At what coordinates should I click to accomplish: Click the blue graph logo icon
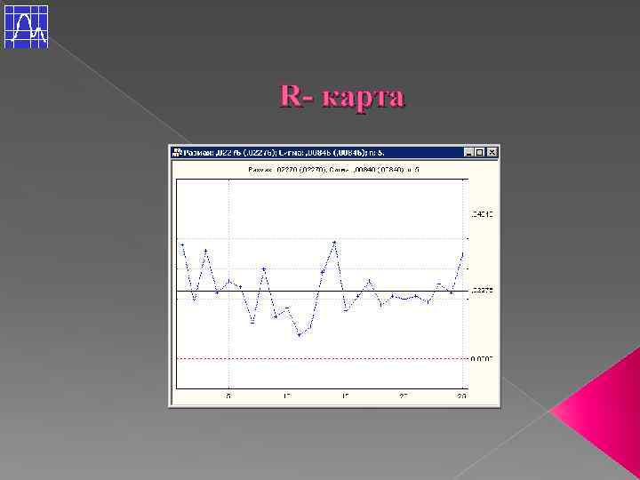click(x=26, y=26)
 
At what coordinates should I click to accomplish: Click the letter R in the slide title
click(x=291, y=96)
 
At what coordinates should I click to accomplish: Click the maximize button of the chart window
click(x=481, y=153)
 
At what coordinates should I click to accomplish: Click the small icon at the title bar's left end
click(x=176, y=153)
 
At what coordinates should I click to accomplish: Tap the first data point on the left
click(x=182, y=244)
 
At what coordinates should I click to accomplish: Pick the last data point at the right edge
click(x=462, y=254)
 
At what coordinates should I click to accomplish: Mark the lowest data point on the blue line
click(x=300, y=335)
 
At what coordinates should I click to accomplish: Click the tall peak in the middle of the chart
click(x=334, y=242)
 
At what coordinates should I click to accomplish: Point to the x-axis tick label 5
click(x=229, y=396)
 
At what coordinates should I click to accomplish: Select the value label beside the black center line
click(x=481, y=291)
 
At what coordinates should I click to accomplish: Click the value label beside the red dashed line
click(x=481, y=358)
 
